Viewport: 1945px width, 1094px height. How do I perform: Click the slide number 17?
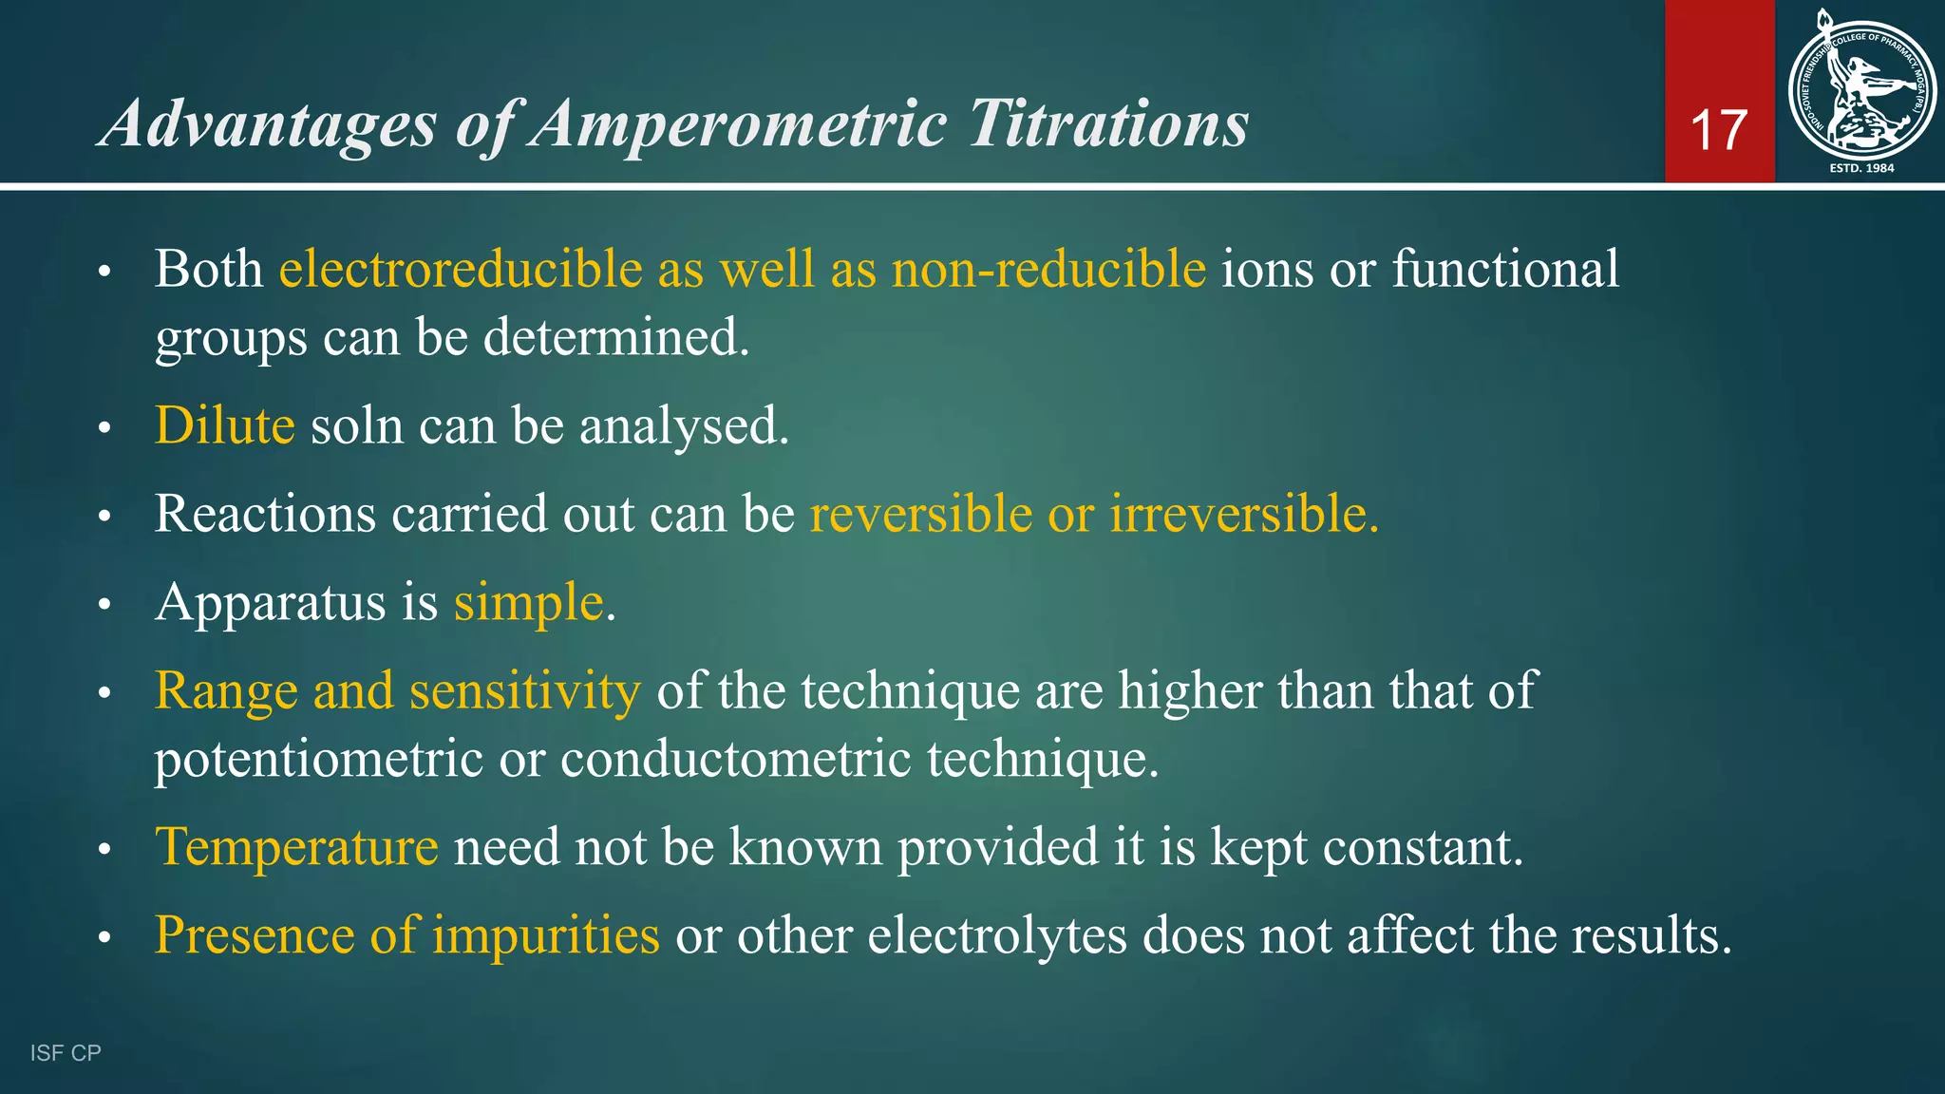(1719, 130)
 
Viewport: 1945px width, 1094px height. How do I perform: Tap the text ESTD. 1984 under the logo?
(1861, 168)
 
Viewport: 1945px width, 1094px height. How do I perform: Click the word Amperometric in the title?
(738, 124)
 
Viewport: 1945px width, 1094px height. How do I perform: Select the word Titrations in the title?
(1108, 124)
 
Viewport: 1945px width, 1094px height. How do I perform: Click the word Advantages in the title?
(269, 124)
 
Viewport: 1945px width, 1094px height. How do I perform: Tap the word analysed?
(684, 426)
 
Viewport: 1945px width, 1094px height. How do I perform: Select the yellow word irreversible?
(1243, 514)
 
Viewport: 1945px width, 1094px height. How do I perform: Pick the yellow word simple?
(529, 603)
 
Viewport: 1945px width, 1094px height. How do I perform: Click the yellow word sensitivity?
(525, 690)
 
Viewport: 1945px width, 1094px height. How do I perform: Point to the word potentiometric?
(319, 760)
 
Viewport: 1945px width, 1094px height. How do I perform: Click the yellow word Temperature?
(296, 847)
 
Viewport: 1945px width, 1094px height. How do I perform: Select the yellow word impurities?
(545, 935)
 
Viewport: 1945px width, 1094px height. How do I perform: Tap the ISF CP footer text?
(66, 1053)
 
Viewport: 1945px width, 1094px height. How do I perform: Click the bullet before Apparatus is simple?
(104, 605)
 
